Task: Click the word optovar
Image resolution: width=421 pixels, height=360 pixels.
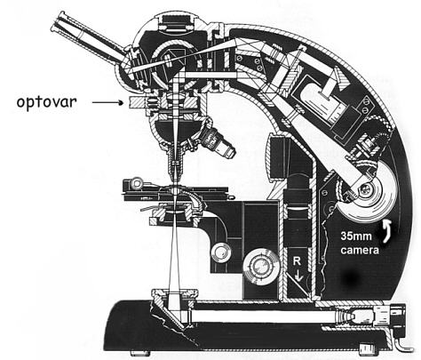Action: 46,102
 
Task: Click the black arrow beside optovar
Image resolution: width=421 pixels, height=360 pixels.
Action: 107,103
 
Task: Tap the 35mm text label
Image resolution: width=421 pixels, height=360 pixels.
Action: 356,236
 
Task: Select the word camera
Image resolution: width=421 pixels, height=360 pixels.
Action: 360,250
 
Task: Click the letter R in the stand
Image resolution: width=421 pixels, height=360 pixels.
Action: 297,261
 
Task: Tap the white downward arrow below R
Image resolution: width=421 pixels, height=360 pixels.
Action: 298,275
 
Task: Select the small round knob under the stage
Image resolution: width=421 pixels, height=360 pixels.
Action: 220,252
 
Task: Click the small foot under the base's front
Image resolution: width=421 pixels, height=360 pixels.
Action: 140,353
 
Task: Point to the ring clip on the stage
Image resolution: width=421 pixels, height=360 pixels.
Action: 137,183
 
